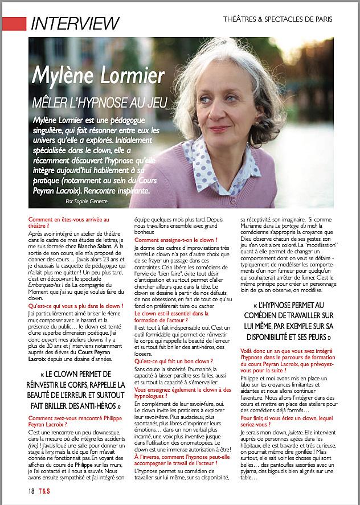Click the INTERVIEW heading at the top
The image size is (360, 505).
[75, 23]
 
